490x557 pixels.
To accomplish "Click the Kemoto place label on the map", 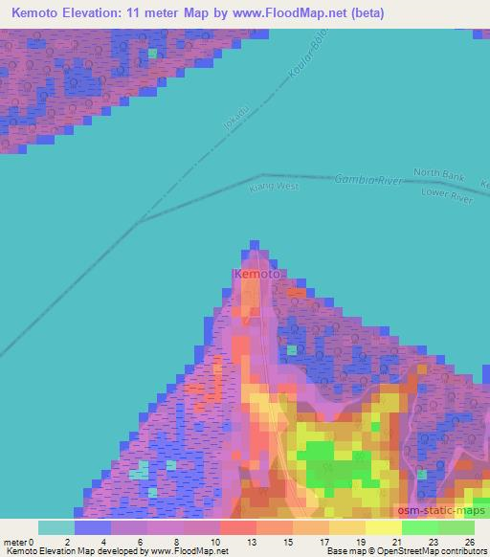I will point(256,275).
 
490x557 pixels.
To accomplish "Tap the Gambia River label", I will point(368,180).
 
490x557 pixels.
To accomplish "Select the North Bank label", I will point(438,173).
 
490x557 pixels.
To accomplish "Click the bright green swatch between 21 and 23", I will point(419,527).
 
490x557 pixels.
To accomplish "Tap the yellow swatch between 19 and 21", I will point(383,527).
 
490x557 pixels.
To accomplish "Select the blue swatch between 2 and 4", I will point(93,527).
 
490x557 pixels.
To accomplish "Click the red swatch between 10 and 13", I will point(237,527).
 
